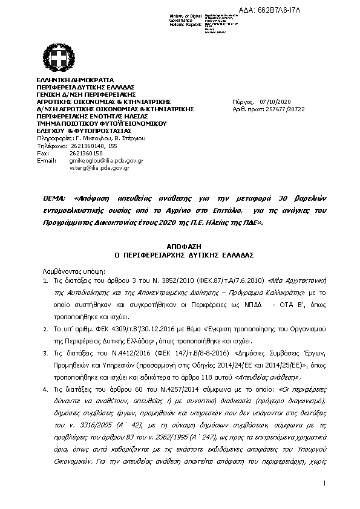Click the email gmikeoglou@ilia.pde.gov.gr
(x=106, y=161)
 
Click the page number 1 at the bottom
(x=324, y=482)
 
